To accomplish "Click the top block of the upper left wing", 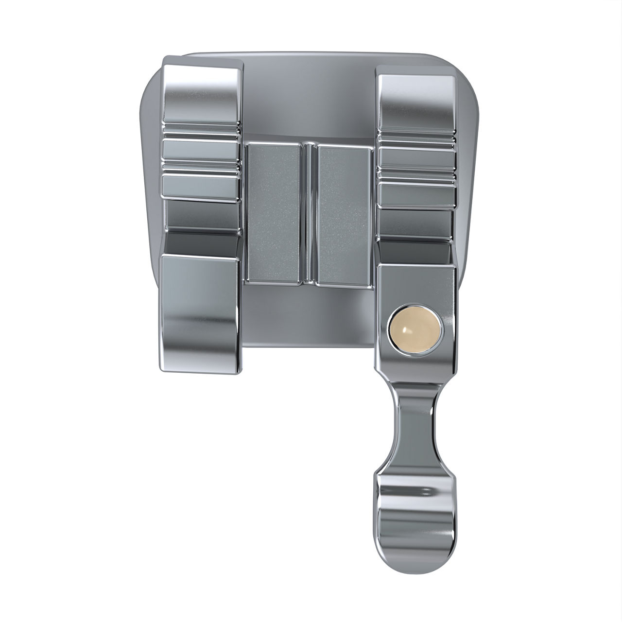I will pos(201,90).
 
